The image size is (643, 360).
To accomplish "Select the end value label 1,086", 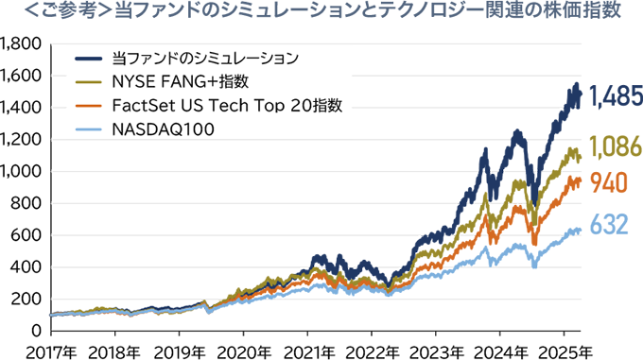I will (616, 147).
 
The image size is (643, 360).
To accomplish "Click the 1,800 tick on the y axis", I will (22, 43).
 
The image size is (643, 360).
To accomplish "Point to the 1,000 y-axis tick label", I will (22, 172).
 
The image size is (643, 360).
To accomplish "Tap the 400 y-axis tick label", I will (27, 267).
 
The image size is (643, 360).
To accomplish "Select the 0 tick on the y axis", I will (36, 332).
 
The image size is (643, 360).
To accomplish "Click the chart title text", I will (322, 12).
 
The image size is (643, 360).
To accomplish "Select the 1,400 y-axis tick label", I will (22, 108).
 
